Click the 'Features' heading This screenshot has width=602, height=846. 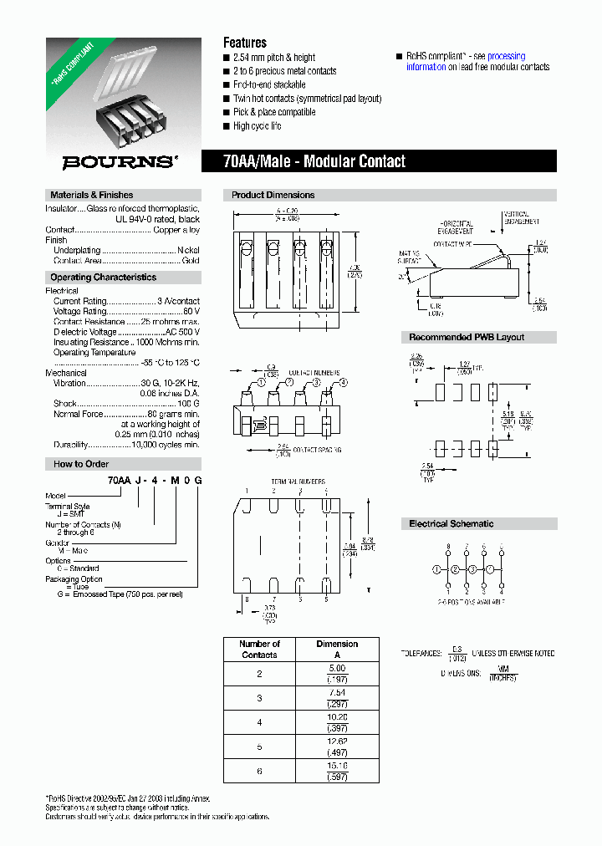244,43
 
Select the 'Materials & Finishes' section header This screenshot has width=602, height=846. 91,195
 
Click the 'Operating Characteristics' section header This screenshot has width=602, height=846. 103,278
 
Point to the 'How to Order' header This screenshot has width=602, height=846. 81,464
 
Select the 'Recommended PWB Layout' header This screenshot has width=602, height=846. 467,337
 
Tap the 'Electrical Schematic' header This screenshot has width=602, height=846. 451,524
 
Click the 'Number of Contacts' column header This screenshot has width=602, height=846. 259,650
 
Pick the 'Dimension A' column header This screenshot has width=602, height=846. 337,650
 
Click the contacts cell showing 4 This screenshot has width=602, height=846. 259,721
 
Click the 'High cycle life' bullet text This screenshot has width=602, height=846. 257,126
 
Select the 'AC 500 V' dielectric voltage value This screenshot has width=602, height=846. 182,332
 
